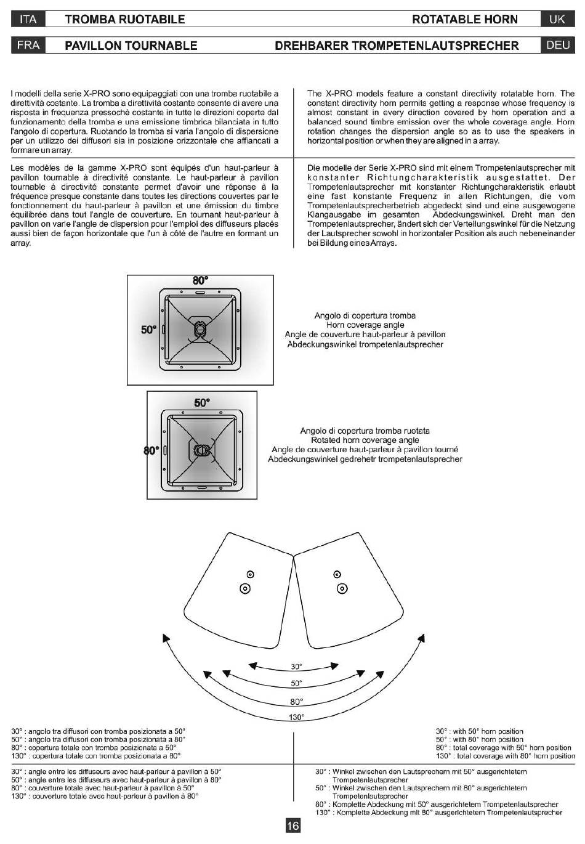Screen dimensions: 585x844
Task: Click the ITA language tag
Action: coord(28,19)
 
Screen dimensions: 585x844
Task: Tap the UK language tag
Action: coord(557,19)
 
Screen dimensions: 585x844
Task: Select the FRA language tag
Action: coord(28,45)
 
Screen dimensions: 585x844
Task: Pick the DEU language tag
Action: coord(557,45)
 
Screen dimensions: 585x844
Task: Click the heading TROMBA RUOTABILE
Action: coord(124,19)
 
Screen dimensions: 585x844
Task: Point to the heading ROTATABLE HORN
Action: coord(465,19)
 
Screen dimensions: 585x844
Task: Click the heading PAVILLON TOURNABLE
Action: coord(131,46)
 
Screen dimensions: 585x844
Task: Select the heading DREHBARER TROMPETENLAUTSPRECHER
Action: coord(397,46)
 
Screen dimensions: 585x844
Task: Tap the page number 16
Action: coord(292,826)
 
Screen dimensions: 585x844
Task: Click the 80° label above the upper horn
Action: coord(200,281)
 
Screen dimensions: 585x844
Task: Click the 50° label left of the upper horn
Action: coord(148,330)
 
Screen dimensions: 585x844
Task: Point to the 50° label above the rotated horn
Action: coord(202,403)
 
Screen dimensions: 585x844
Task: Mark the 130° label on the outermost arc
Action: coord(296,717)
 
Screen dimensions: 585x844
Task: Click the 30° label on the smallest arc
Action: coord(296,667)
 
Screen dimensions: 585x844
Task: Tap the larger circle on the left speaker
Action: coord(245,588)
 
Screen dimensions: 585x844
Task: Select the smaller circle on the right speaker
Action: coord(337,574)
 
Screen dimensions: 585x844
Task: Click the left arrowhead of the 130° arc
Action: coord(166,638)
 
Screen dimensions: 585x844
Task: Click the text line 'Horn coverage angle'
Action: coord(365,325)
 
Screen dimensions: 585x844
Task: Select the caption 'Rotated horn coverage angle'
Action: coord(365,440)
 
